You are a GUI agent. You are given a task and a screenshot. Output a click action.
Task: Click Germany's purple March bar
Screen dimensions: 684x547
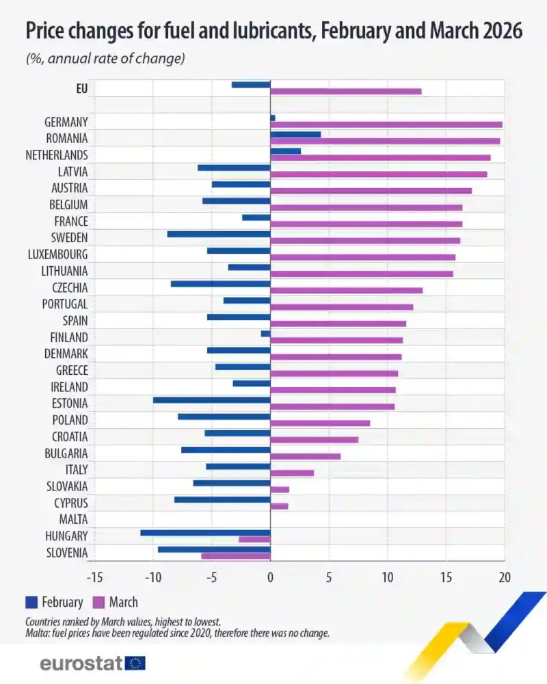coord(386,124)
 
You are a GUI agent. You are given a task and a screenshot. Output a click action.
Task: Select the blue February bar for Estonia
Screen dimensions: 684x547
coord(212,399)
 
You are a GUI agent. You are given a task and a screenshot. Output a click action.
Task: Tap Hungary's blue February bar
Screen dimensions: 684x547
coord(205,532)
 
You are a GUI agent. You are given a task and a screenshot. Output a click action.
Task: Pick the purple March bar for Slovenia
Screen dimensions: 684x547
coord(236,555)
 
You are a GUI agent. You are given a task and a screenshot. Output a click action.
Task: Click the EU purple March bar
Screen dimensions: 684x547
coord(346,91)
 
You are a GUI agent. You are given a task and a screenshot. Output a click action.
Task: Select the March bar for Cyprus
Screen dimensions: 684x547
coord(279,506)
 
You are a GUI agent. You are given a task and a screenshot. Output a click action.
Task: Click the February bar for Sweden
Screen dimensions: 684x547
coord(219,234)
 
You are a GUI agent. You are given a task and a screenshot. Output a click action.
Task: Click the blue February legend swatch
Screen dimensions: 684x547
coord(31,602)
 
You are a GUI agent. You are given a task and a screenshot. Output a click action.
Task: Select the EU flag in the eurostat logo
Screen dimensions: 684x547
coord(135,663)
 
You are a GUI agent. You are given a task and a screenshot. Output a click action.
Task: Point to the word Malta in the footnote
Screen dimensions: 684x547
coord(38,633)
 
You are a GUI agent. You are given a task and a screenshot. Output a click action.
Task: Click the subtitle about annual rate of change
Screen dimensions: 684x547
coord(106,59)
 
